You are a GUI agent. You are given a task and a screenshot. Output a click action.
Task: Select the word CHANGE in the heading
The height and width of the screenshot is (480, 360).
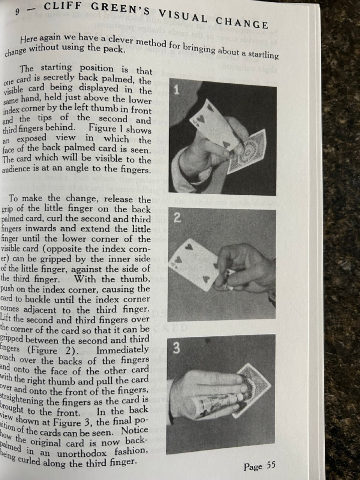242,22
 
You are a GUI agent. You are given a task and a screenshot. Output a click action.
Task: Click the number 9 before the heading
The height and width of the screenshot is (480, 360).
17,11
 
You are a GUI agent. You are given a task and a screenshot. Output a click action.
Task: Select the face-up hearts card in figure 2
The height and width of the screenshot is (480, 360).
195,266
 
